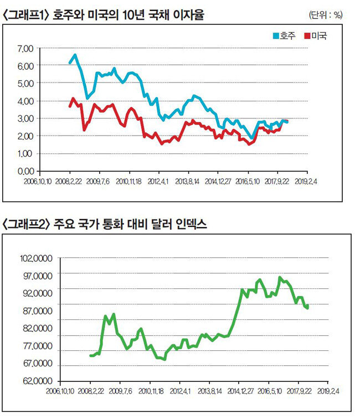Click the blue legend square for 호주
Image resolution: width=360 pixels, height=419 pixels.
coord(276,37)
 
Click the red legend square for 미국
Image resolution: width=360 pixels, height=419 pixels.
coord(307,37)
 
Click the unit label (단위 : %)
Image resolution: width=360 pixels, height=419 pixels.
coord(326,15)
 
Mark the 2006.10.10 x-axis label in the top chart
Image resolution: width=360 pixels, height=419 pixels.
coord(38,180)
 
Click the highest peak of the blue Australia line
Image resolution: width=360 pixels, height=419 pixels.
coord(75,55)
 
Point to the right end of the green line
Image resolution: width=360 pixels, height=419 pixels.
coord(307,308)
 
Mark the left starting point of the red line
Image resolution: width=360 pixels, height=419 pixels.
coord(70,106)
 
